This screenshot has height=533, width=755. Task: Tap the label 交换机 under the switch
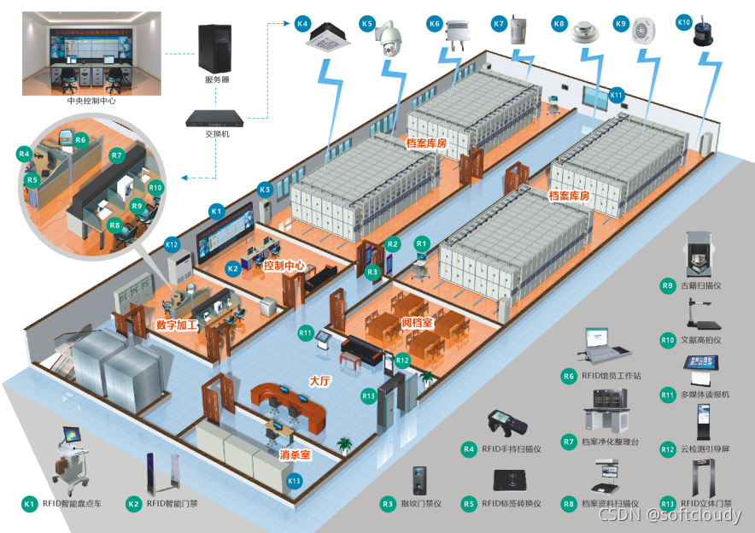tap(217, 134)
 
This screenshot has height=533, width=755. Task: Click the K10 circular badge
tap(684, 20)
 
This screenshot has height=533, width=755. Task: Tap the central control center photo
tap(91, 52)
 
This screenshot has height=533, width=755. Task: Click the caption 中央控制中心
tap(91, 101)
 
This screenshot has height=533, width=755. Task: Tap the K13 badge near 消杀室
tap(294, 481)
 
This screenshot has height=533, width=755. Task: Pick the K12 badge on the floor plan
tap(172, 244)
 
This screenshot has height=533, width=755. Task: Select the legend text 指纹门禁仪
tap(421, 504)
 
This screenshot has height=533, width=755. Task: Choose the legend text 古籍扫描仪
tap(700, 285)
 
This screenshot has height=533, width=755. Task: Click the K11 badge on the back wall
tap(617, 95)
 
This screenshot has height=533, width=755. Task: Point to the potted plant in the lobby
tap(344, 444)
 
